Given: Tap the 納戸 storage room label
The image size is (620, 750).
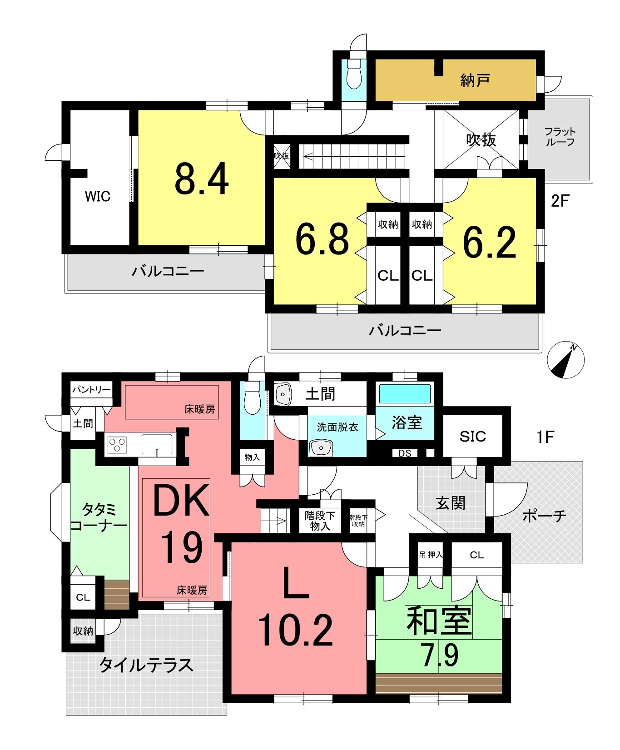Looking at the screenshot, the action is pos(475,80).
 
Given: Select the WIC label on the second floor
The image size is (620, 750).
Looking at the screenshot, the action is pos(98,196).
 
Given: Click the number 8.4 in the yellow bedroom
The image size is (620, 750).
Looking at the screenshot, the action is pos(202,179).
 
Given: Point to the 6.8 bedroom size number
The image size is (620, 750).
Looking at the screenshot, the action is pos(322,239).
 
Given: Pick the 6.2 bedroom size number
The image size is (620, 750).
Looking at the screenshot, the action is pos(489,243).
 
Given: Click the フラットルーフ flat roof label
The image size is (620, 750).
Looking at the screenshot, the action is pos(560,136).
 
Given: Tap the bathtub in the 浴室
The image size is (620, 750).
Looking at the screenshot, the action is pos(405,394).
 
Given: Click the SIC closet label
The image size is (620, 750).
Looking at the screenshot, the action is pos(473,437).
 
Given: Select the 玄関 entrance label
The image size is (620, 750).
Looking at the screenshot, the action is pos(450,503).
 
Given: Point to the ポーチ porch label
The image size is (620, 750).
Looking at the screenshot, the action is pos(544,516).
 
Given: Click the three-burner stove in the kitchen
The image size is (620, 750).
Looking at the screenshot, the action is pos(117,444).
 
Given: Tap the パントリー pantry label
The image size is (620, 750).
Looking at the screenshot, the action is pos(92,390).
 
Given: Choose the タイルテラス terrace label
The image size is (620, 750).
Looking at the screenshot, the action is pos(146,665).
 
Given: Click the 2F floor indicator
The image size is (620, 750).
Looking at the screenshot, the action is pos(560,200).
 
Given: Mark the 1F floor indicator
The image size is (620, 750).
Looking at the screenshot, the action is pos(545,437).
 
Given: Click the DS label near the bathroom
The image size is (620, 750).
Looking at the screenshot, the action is pos(405,453).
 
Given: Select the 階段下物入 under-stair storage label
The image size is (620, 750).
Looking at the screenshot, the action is pos(320,521).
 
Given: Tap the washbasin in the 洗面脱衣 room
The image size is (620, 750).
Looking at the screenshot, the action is pos(321,448).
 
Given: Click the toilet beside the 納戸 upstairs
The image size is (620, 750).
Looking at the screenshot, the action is pos(354,74).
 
